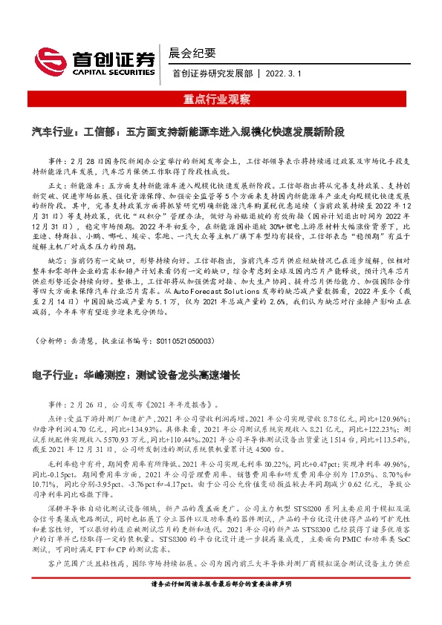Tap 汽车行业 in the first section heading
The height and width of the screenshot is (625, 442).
pos(53,131)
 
